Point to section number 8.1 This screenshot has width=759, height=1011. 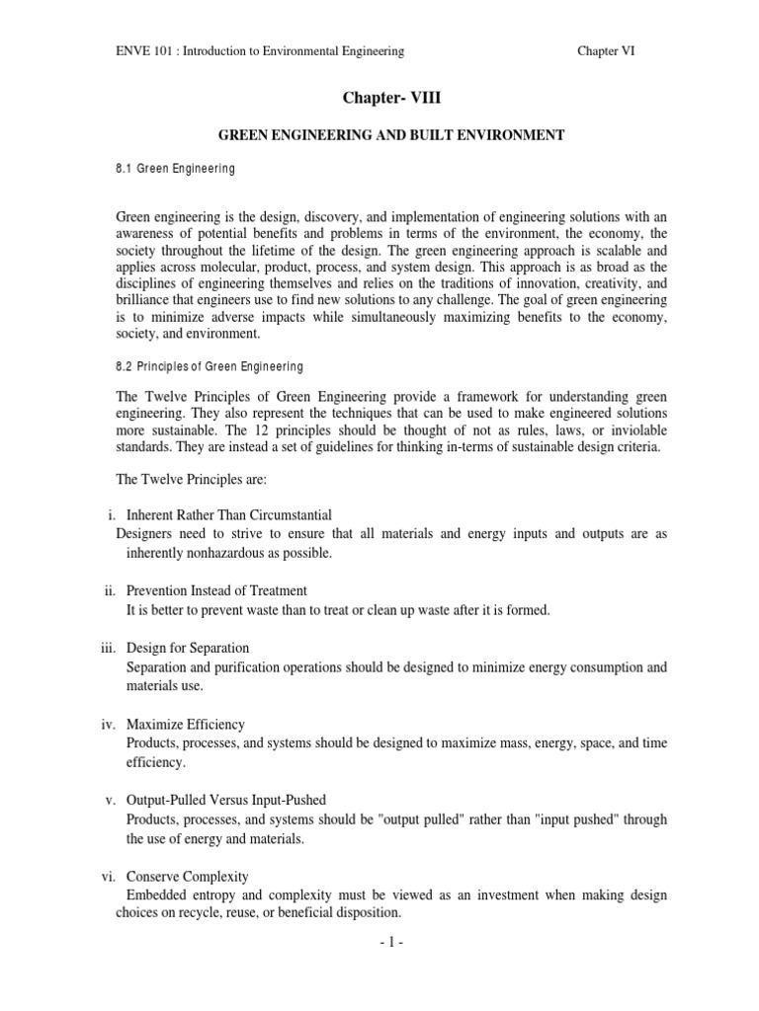[125, 169]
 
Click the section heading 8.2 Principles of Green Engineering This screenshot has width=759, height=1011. [210, 366]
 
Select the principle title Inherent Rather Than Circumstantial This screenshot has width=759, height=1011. [229, 514]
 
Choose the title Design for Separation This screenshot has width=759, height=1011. [188, 648]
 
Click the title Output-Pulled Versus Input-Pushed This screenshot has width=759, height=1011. [226, 799]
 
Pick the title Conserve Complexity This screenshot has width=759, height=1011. [188, 876]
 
